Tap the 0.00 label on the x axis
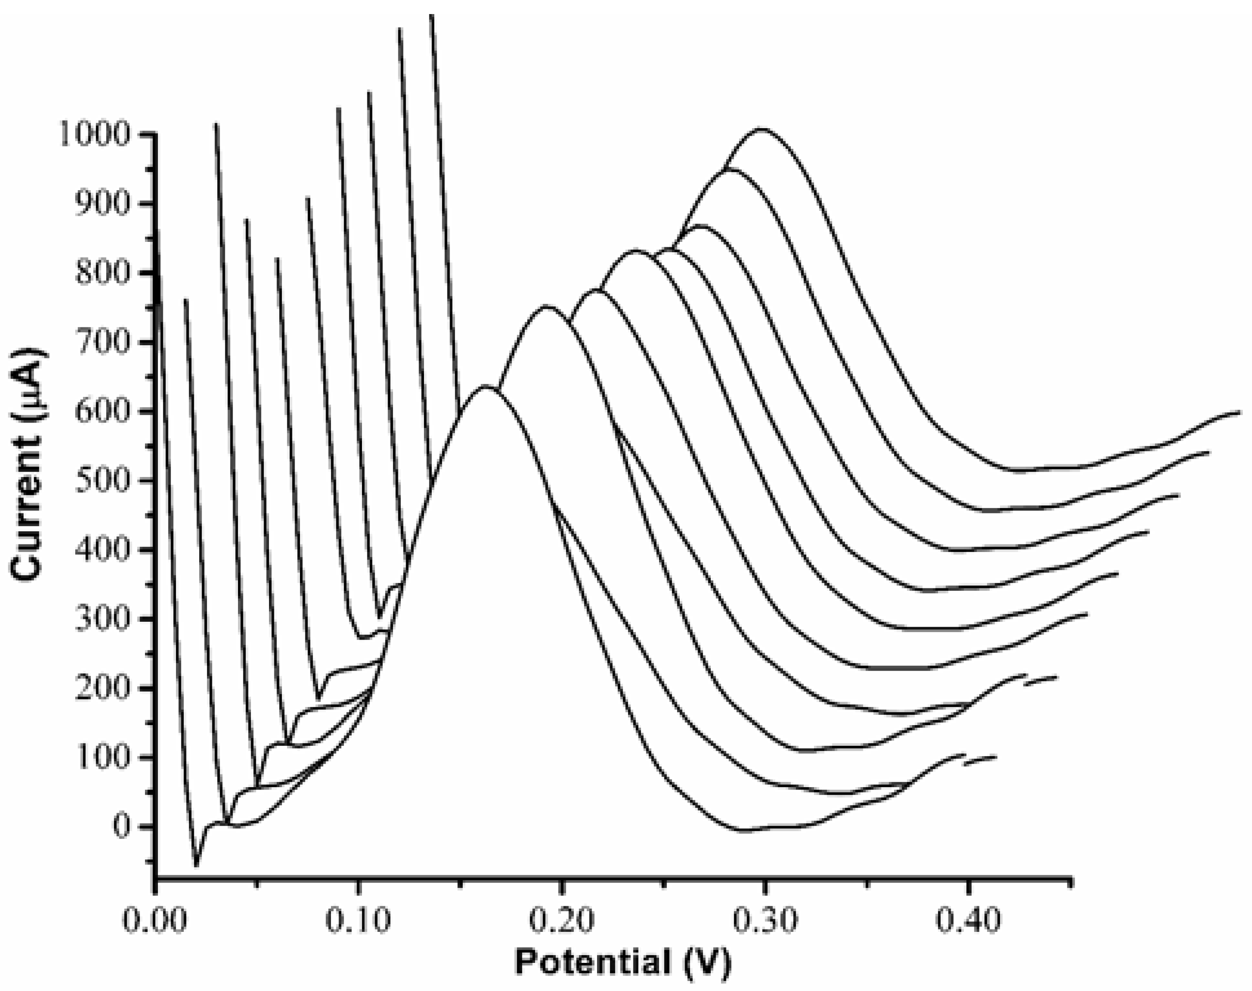155,921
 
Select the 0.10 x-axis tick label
358,921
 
